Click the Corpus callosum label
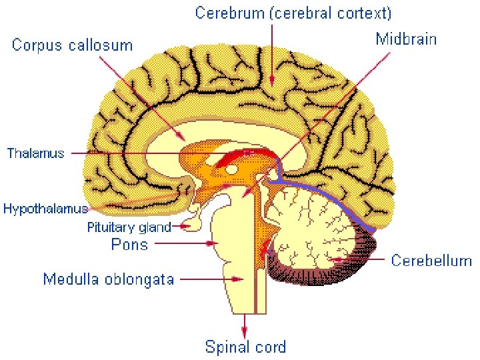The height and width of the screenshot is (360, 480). (x=72, y=45)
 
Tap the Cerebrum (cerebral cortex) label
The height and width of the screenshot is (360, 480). (x=293, y=13)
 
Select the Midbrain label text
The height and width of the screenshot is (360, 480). (x=406, y=39)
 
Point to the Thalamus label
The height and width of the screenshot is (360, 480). (x=36, y=153)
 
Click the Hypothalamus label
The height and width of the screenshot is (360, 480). (x=45, y=209)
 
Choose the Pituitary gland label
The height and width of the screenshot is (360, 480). (x=129, y=227)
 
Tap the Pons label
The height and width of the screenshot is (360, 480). (x=129, y=244)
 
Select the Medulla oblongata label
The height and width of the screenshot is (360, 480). (x=109, y=279)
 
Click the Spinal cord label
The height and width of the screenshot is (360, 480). (x=245, y=347)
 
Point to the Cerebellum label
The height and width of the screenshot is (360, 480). (x=431, y=260)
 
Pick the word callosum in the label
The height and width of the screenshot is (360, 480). (x=103, y=45)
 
